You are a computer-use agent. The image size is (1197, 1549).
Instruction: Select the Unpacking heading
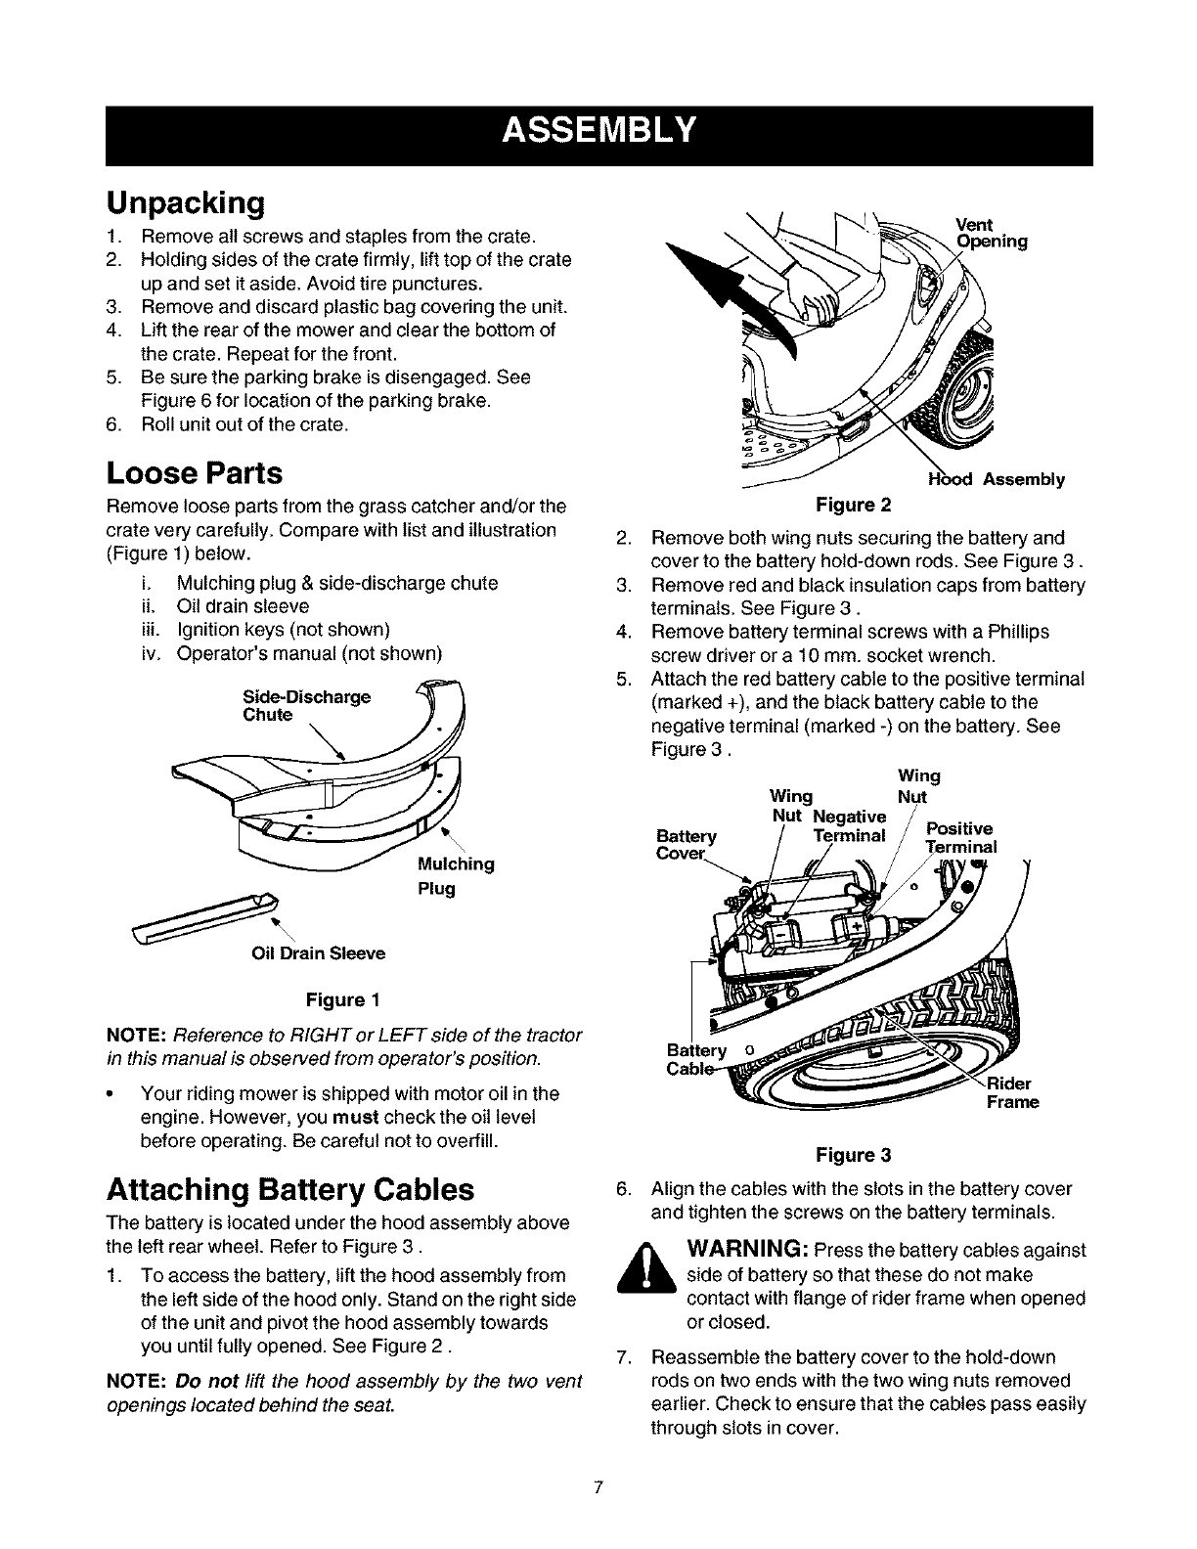pos(185,203)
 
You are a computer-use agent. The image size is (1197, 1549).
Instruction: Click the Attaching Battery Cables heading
pos(289,1189)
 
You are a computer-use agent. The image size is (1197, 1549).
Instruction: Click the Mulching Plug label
pos(455,876)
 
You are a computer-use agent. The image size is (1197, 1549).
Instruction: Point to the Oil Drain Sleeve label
pos(319,953)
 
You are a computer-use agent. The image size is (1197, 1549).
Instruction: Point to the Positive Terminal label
pos(960,838)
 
